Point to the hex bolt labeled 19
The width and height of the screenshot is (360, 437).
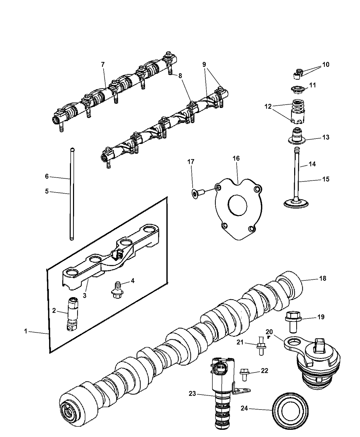(292, 321)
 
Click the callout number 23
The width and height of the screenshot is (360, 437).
(192, 394)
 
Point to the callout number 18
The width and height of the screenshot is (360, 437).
(323, 278)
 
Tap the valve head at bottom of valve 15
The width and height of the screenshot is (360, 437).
(297, 203)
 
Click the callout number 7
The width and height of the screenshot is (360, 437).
(103, 64)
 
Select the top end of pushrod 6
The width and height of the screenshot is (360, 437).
(72, 150)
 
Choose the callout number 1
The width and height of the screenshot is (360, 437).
(26, 331)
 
